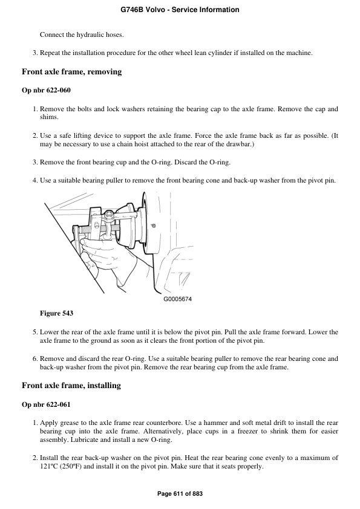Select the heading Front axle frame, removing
(71, 72)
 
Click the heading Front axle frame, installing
(71, 386)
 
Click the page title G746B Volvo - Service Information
(180, 10)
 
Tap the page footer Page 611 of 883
(180, 494)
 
